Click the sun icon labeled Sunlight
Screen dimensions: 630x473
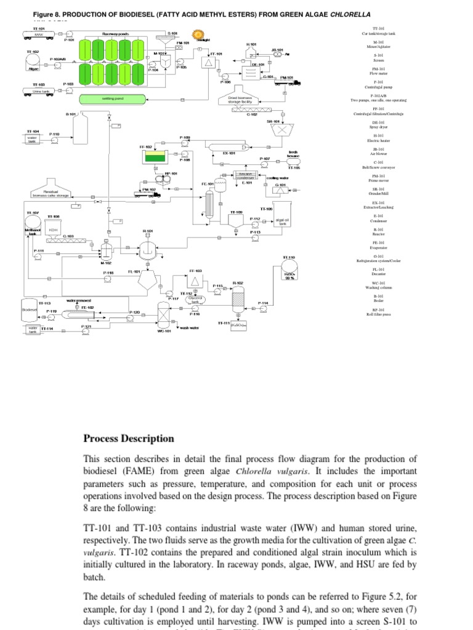pos(198,34)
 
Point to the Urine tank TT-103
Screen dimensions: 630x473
pos(38,91)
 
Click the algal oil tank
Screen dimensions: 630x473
pos(282,221)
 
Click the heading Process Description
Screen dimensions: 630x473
pos(129,439)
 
